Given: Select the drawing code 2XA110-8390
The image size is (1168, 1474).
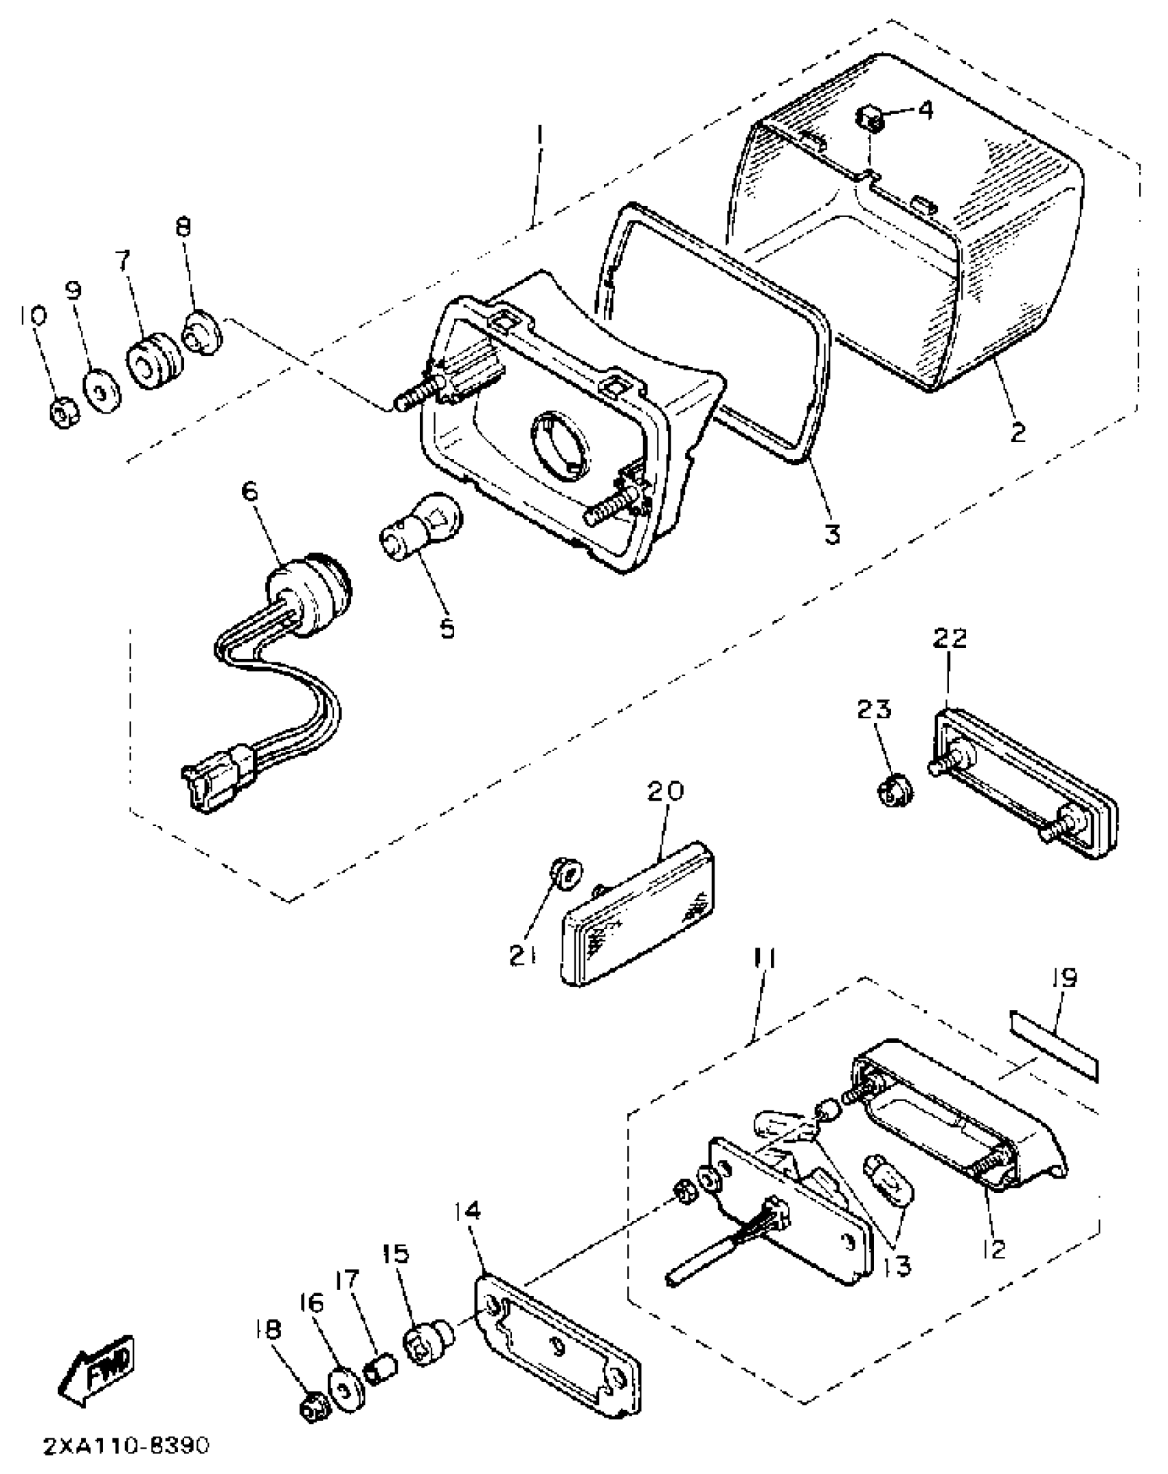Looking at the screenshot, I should click(126, 1446).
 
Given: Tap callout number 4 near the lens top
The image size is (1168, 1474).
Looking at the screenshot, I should click(925, 109).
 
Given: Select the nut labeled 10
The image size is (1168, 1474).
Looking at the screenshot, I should click(65, 414).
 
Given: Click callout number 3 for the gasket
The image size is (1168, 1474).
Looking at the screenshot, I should click(832, 532).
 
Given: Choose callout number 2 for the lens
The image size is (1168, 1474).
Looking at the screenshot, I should click(1017, 432).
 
